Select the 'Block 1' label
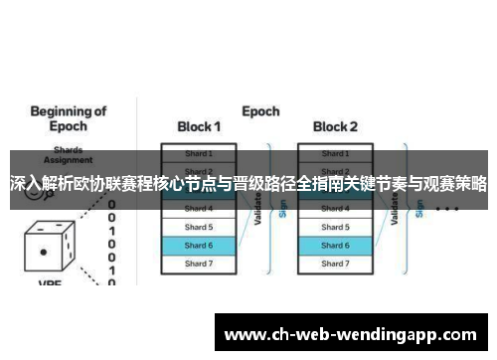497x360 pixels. pos(199,127)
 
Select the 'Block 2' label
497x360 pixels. pos(335,127)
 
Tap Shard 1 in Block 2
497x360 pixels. pos(335,153)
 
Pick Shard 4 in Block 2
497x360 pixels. pos(335,209)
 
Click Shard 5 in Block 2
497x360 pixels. pos(335,227)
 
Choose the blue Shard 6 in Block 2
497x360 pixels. pos(335,245)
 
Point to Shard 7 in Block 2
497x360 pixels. pos(335,264)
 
